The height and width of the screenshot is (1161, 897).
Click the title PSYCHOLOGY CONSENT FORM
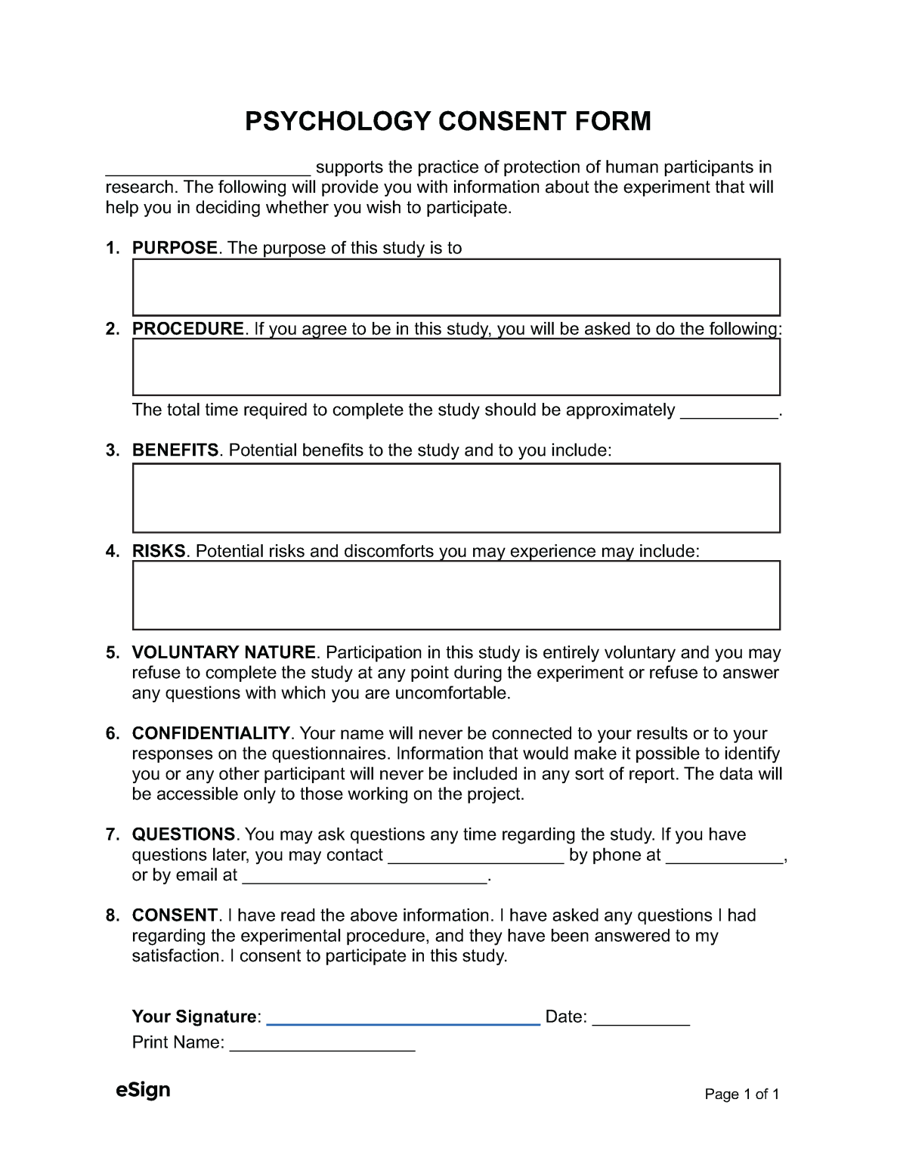click(447, 121)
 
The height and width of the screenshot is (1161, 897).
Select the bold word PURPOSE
click(175, 248)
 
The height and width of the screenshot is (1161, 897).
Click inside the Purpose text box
click(456, 287)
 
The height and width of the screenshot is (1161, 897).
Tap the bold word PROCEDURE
click(188, 329)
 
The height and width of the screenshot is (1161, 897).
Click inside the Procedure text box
click(456, 367)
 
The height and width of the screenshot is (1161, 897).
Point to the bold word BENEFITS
click(175, 450)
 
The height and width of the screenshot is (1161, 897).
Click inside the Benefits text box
click(456, 498)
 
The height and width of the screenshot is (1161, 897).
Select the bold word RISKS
click(159, 552)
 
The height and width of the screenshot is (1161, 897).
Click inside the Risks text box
click(456, 596)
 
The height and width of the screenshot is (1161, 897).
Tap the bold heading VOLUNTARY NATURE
click(224, 652)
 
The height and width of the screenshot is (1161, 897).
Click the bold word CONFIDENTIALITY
click(211, 733)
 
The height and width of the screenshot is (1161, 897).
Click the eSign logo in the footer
click(143, 1091)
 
